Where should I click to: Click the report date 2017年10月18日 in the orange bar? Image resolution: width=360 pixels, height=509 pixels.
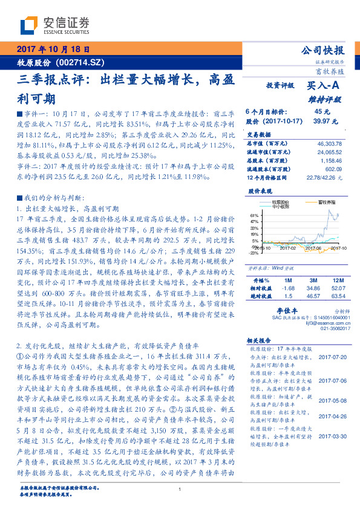tap(53, 50)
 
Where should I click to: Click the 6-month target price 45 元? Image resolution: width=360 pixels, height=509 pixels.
tap(322, 112)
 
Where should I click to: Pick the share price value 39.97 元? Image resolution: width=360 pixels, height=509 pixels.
tap(321, 121)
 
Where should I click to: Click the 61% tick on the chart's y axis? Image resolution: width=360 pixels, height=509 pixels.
tap(254, 215)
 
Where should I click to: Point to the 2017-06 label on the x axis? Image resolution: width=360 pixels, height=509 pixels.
tap(313, 247)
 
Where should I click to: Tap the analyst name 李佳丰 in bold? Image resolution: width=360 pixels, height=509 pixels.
tap(284, 309)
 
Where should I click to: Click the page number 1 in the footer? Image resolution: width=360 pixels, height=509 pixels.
tap(180, 490)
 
